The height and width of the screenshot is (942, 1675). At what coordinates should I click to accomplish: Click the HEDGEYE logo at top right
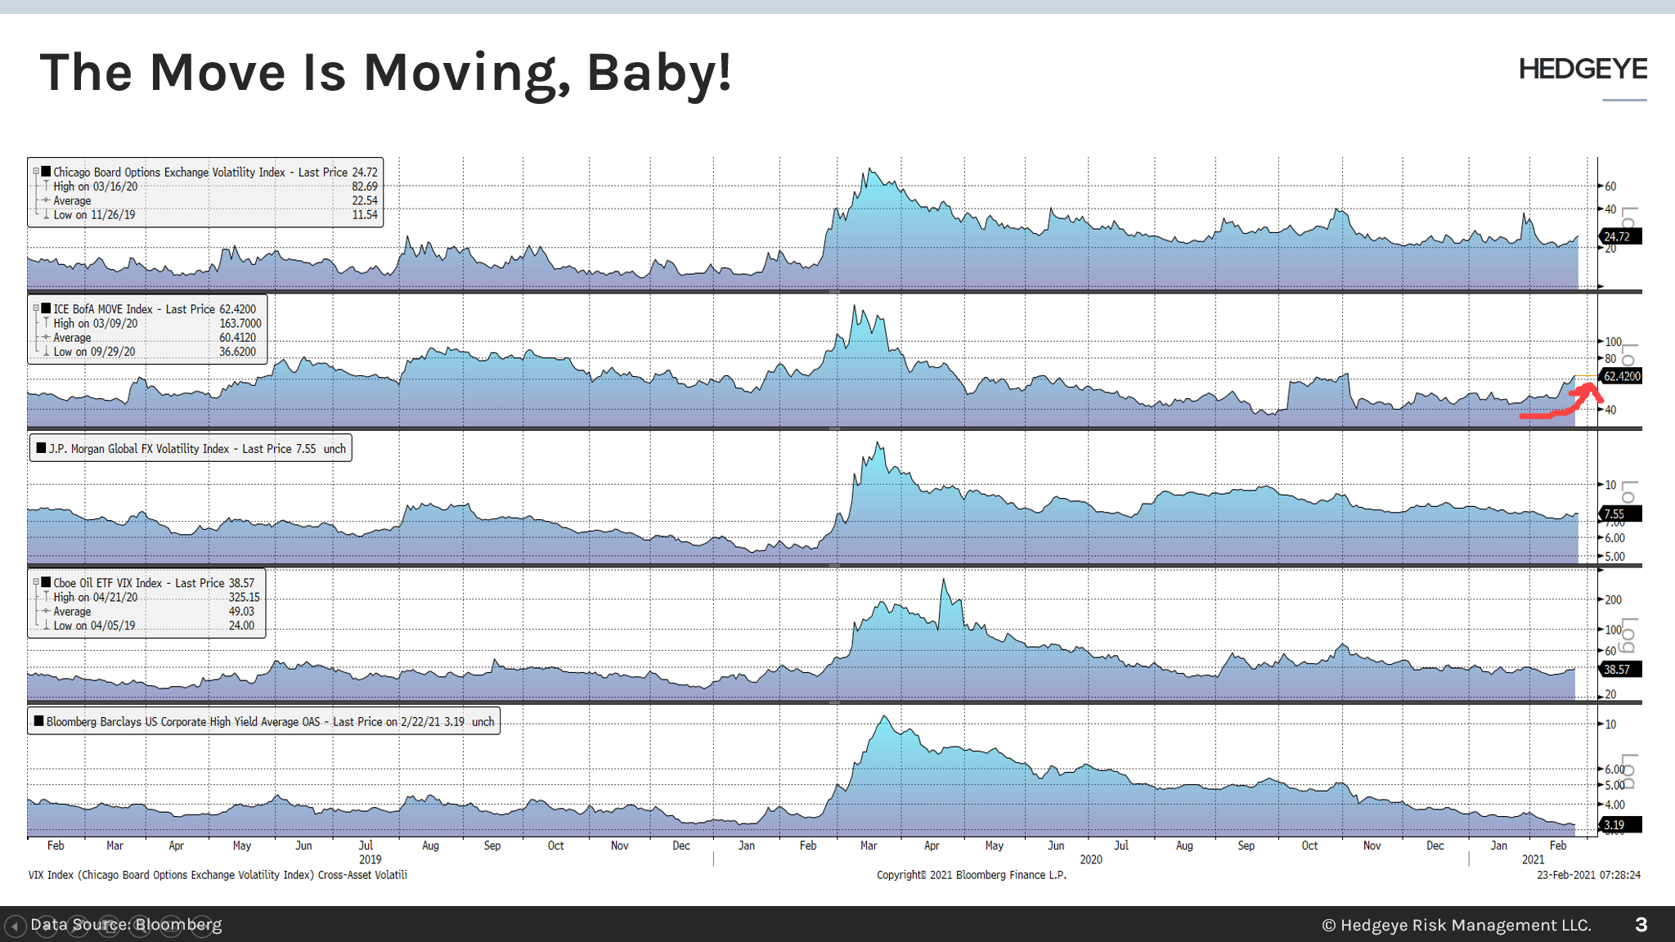(x=1583, y=70)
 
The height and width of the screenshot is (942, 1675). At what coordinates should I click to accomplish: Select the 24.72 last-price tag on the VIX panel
(x=1619, y=236)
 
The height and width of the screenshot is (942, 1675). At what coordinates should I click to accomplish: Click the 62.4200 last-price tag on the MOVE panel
(x=1621, y=376)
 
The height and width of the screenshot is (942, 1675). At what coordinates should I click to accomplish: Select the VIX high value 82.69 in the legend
(x=365, y=186)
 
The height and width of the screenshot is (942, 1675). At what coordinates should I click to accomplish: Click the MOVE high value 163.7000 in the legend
(x=240, y=323)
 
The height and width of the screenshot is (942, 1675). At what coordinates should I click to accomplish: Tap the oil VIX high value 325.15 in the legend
(x=244, y=597)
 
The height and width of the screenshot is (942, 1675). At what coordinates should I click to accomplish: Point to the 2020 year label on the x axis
(x=1090, y=859)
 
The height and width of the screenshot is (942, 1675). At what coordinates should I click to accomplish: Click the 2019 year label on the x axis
(x=370, y=859)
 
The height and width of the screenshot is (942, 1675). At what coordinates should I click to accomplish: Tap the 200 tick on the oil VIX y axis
(x=1613, y=599)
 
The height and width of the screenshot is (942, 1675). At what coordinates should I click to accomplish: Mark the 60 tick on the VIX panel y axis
(x=1610, y=186)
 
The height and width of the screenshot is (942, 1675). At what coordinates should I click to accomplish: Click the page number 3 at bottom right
(x=1641, y=925)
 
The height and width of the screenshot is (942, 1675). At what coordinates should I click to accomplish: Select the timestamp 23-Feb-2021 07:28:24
(x=1588, y=875)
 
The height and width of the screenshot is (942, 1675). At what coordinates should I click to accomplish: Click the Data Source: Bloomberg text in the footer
(x=126, y=925)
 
